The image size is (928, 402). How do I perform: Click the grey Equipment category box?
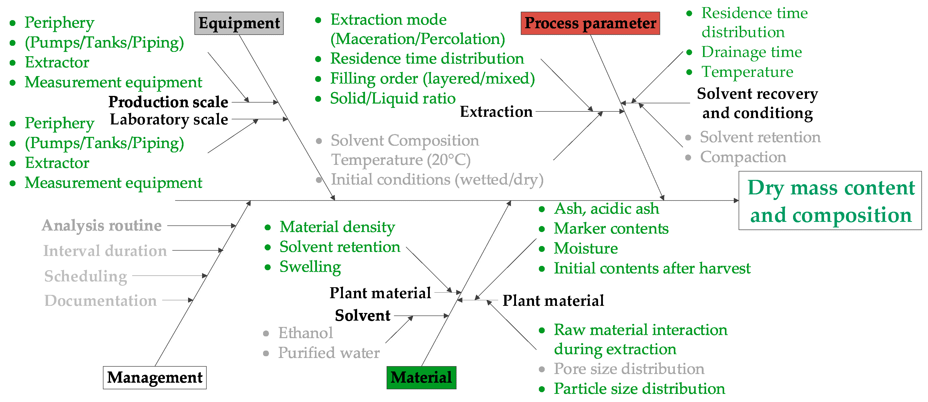click(x=239, y=23)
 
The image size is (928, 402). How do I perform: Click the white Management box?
click(x=155, y=378)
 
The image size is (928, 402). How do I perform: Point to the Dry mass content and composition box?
click(x=830, y=200)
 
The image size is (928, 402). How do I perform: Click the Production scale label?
click(x=168, y=102)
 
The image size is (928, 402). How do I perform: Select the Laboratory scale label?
click(x=169, y=119)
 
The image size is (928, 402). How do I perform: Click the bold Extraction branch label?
click(x=496, y=112)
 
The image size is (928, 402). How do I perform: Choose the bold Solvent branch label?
click(x=362, y=315)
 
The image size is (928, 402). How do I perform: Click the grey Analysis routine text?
click(x=102, y=226)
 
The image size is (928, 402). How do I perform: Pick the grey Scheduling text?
click(x=86, y=276)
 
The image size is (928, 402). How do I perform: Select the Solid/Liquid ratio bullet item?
click(x=393, y=98)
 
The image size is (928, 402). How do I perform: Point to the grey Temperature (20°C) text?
click(x=401, y=160)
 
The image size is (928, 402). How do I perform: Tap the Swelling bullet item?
click(x=310, y=267)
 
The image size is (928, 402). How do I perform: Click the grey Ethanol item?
click(x=306, y=333)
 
